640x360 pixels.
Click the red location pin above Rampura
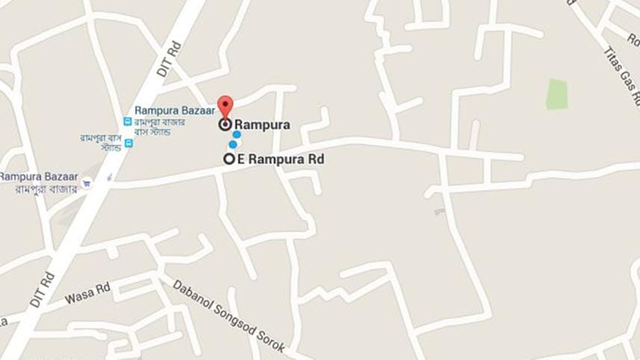pos(225,106)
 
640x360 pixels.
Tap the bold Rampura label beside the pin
pos(262,125)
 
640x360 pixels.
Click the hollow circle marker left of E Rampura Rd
pos(229,159)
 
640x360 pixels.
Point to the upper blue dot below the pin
pos(237,135)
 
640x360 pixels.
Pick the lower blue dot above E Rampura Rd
pos(233,145)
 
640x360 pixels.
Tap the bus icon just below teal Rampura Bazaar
pos(127,122)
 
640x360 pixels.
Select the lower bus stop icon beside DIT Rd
pos(128,143)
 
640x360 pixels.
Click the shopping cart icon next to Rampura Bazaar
pos(87,181)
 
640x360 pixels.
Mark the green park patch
pos(556,94)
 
